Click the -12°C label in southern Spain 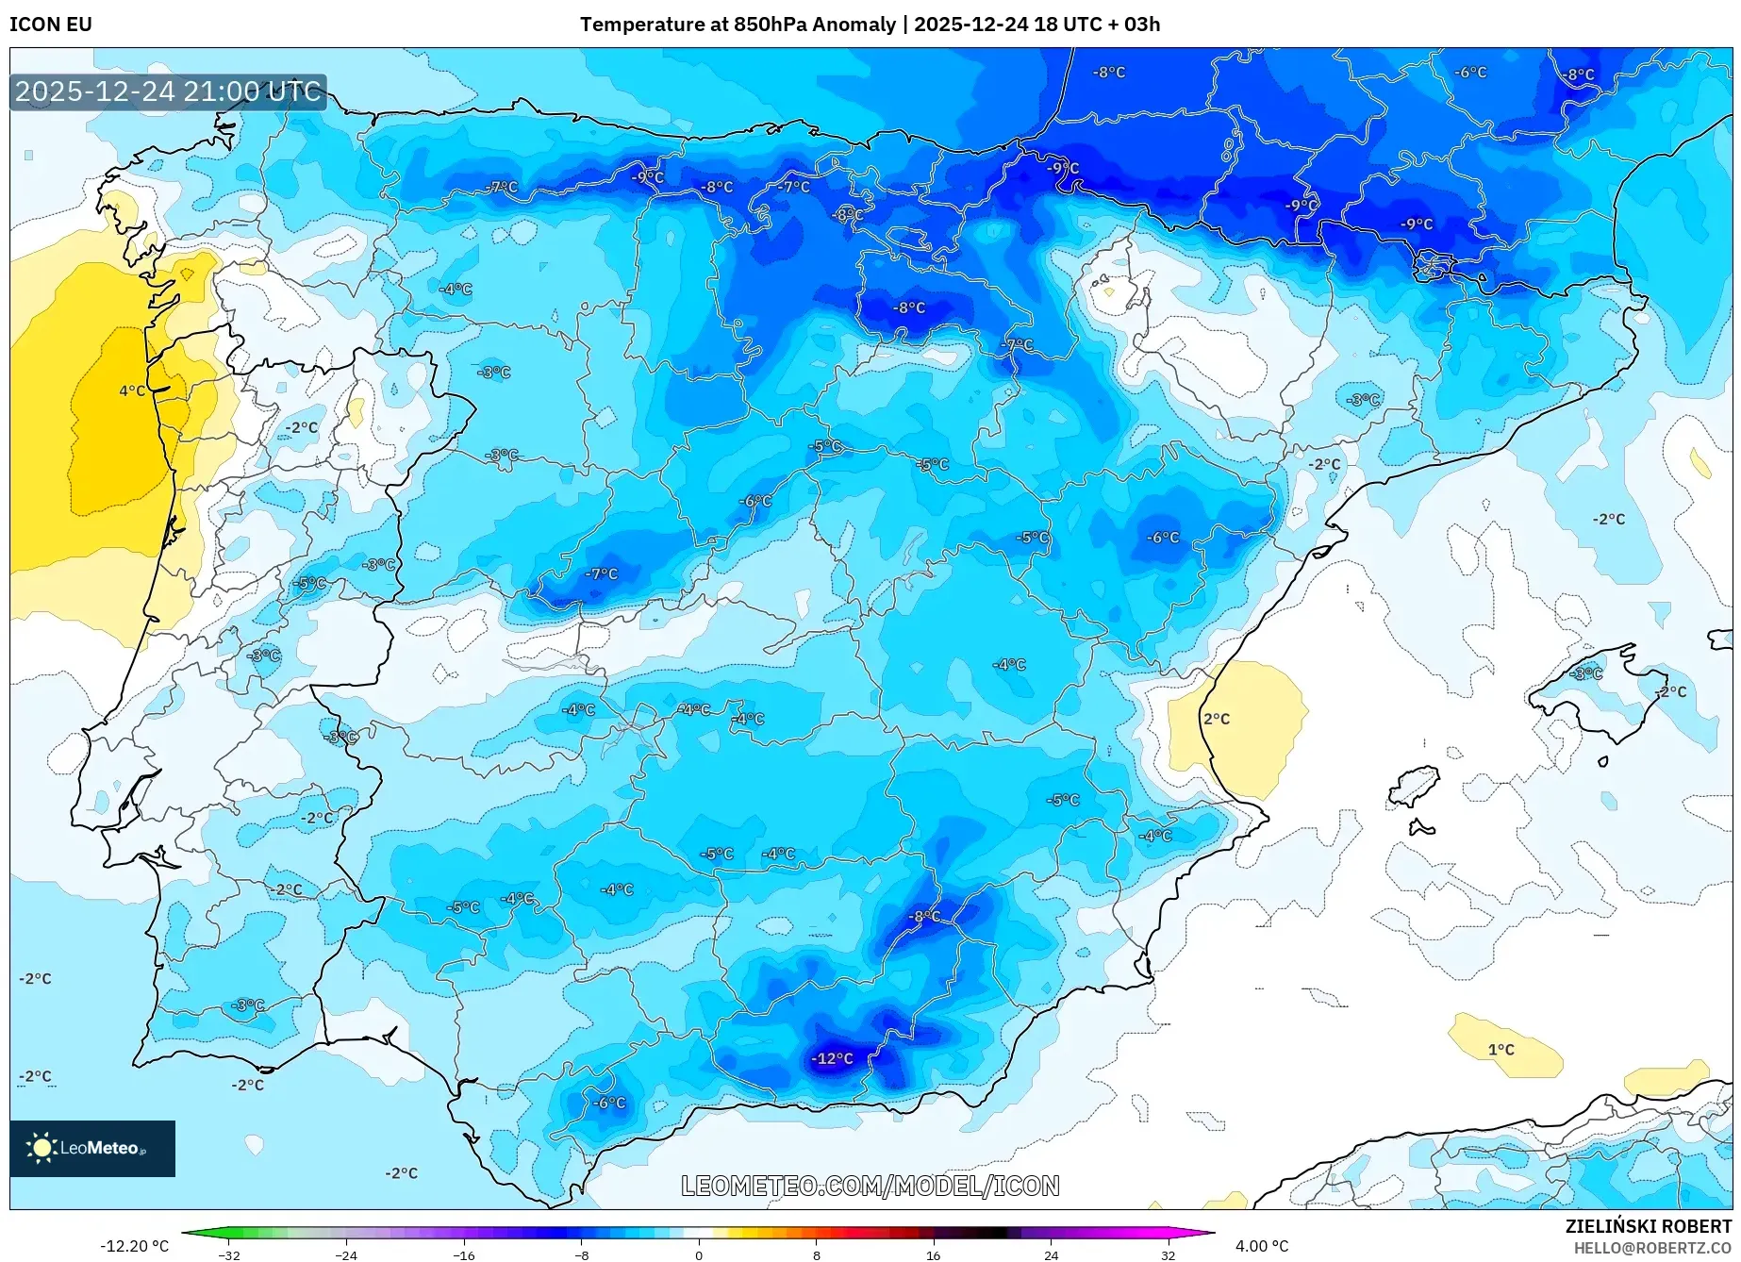pos(833,1059)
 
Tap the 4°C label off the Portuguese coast pos(132,390)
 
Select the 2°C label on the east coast pos(1217,719)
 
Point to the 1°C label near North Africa pos(1501,1050)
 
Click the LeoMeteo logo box pos(92,1148)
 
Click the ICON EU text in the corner pos(51,25)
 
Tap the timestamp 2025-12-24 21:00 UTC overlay pos(168,91)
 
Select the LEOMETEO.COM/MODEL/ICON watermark pos(870,1186)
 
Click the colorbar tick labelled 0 pos(699,1255)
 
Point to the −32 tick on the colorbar pos(229,1255)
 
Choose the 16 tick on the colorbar pos(933,1255)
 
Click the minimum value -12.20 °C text pos(135,1246)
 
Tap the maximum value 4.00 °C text pos(1261,1246)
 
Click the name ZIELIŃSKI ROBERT pos(1648,1226)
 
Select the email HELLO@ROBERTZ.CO pos(1651,1248)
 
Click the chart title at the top pos(870,25)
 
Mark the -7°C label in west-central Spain pos(601,573)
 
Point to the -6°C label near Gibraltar pos(608,1103)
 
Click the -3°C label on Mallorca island pos(1586,673)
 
